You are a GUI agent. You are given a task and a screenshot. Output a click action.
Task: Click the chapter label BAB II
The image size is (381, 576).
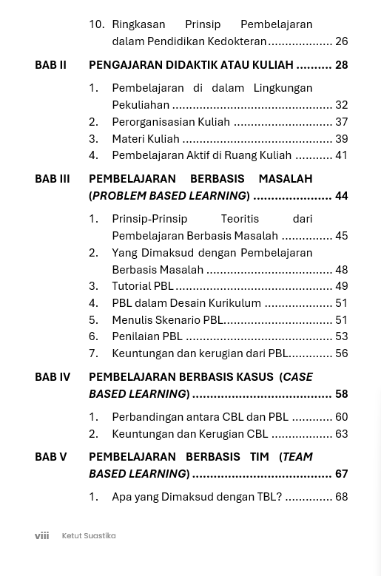50,65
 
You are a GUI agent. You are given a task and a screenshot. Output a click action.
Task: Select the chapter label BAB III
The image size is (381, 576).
52,179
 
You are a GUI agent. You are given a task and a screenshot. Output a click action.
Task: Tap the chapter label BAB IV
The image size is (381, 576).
53,377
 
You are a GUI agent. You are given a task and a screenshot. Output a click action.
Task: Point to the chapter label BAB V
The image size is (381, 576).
50,457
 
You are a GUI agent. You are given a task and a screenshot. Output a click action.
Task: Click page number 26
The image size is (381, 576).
341,41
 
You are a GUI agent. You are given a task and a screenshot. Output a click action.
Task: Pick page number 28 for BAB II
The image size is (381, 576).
341,65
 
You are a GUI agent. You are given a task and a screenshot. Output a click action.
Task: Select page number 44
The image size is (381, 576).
341,196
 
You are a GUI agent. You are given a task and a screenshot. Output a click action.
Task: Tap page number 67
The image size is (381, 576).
341,474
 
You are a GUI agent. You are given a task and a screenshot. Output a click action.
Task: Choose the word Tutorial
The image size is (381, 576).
132,286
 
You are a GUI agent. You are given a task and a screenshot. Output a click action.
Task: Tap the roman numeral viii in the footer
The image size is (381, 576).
41,535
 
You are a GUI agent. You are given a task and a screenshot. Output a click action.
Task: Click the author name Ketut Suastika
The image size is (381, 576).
89,535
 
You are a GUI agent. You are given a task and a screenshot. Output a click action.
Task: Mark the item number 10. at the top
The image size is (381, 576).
96,24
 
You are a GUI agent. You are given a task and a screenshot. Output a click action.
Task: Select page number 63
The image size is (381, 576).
341,434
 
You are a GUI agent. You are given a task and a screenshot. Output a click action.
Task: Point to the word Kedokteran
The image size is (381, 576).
237,41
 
